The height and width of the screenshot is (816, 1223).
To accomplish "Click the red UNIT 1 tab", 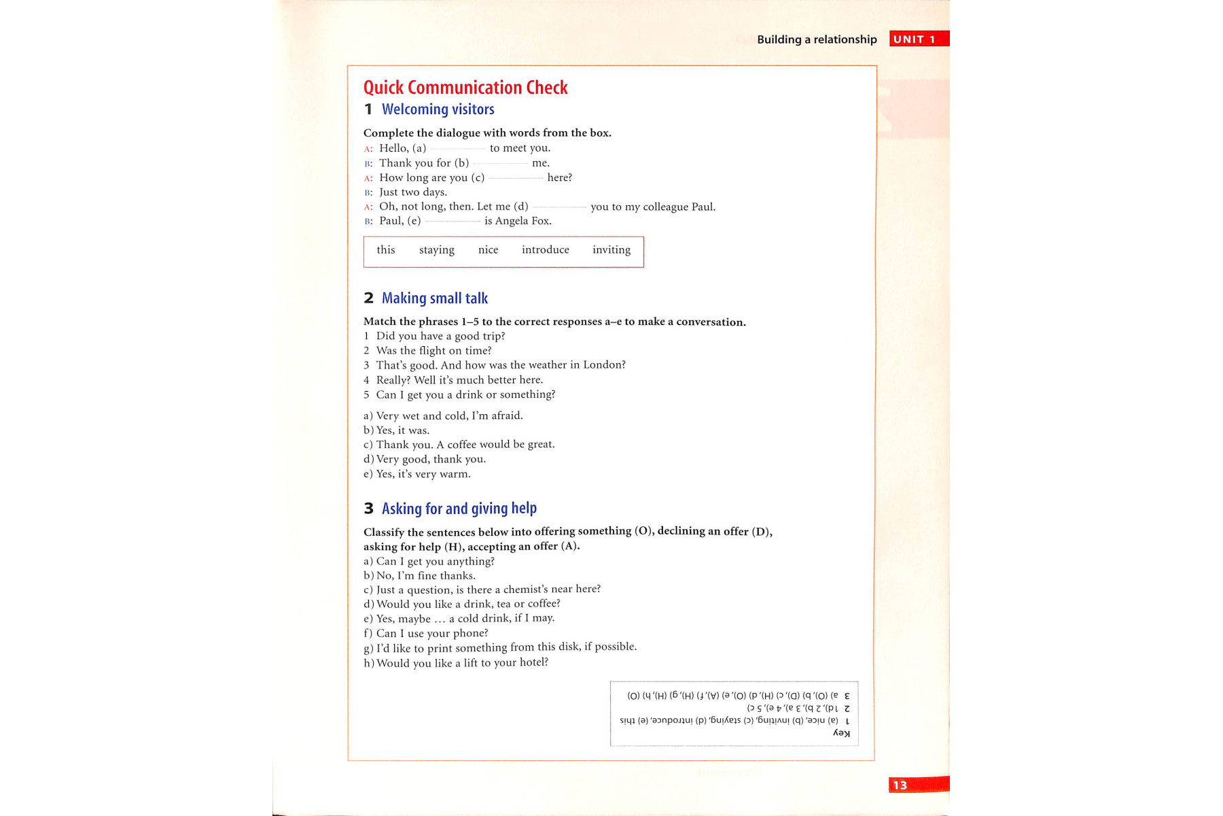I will (917, 39).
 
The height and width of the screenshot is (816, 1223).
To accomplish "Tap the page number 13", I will (900, 785).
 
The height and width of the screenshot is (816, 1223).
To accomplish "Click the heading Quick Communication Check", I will (465, 88).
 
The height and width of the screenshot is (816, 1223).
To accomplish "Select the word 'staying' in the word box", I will (437, 250).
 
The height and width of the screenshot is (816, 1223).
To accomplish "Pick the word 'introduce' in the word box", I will (546, 250).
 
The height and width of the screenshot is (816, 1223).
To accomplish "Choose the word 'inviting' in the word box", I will (611, 250).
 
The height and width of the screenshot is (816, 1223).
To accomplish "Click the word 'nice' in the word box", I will (488, 250).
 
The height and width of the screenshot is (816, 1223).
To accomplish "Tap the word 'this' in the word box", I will (386, 250).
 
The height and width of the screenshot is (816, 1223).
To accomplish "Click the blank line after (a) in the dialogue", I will (458, 149).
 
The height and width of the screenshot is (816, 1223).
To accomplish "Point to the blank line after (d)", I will (559, 207).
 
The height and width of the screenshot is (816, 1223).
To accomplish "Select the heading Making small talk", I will (435, 299).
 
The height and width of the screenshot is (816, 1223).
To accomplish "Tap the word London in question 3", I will (604, 365).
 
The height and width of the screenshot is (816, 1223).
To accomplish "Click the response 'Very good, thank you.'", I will (431, 460).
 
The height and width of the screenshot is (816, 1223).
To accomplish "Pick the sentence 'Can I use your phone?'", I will (432, 634).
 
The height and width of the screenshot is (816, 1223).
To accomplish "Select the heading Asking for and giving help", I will (459, 509).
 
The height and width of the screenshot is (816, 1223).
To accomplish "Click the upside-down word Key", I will (842, 733).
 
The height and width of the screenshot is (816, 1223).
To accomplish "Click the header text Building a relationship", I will (817, 39).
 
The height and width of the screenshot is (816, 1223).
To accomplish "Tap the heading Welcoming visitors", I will (438, 109).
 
